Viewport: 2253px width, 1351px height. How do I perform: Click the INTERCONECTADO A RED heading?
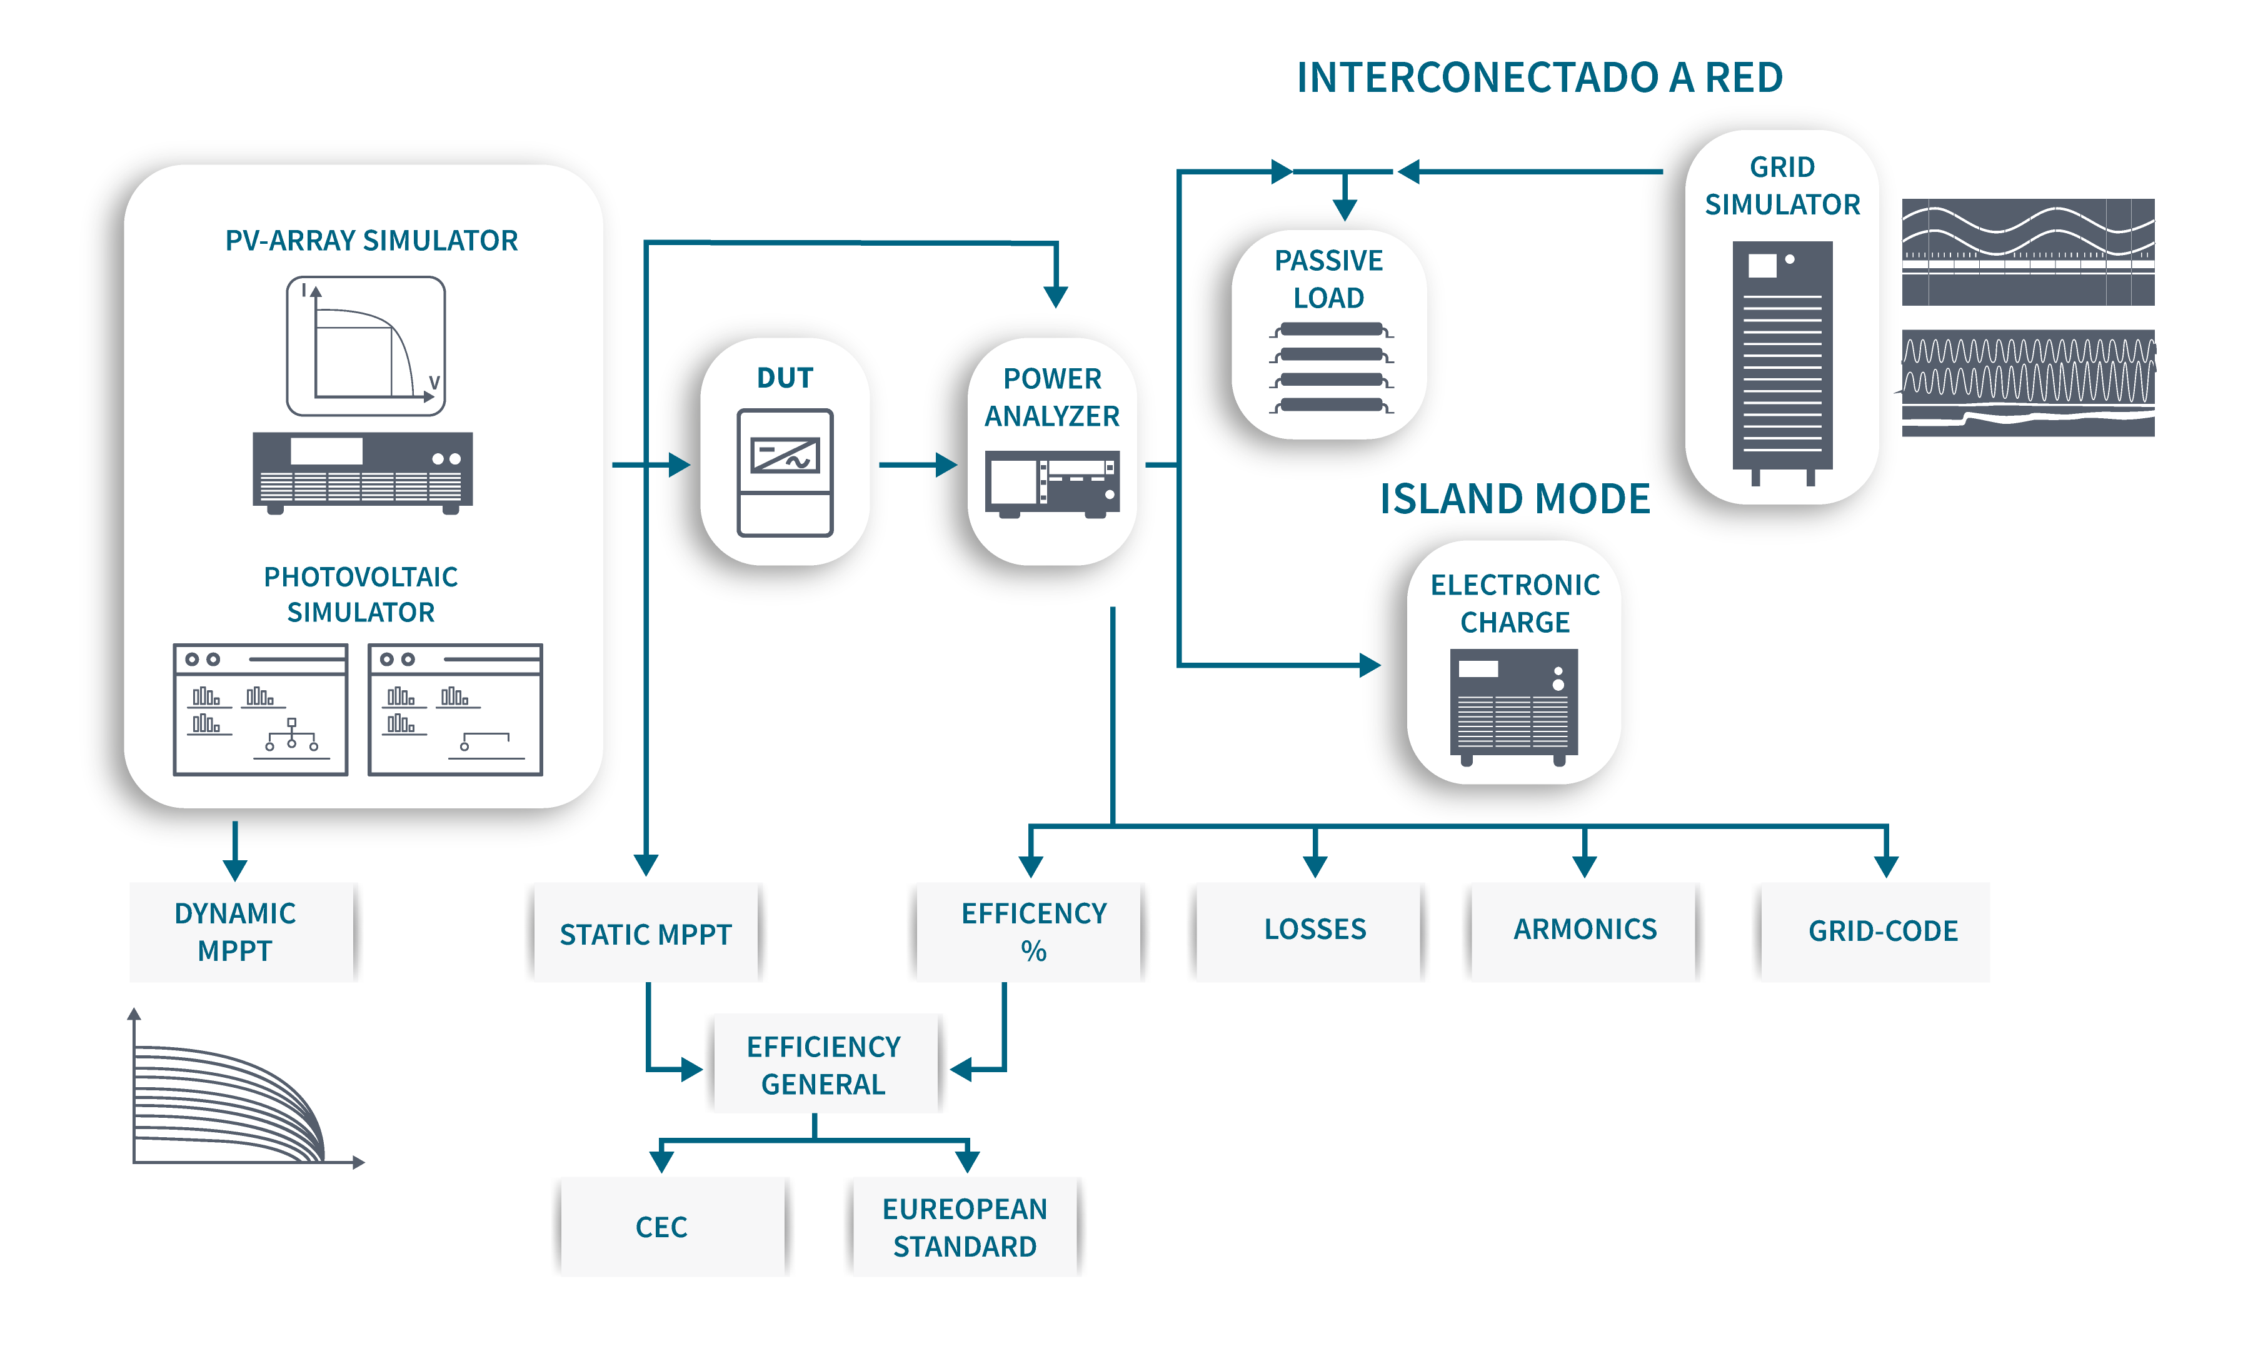tap(1539, 78)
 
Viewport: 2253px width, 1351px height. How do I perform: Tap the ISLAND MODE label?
tap(1515, 499)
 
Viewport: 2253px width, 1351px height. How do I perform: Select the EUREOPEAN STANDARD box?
tap(965, 1227)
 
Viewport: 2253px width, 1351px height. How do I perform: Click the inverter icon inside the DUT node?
tap(785, 473)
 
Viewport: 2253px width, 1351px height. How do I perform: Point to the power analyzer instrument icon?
tap(1052, 483)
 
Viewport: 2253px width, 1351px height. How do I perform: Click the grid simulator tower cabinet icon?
tap(1782, 359)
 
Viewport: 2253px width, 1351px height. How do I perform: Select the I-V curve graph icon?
tap(366, 346)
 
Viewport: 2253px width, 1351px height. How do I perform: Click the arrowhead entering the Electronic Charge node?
tap(1370, 665)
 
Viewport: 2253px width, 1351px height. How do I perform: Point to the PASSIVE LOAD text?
tap(1328, 279)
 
